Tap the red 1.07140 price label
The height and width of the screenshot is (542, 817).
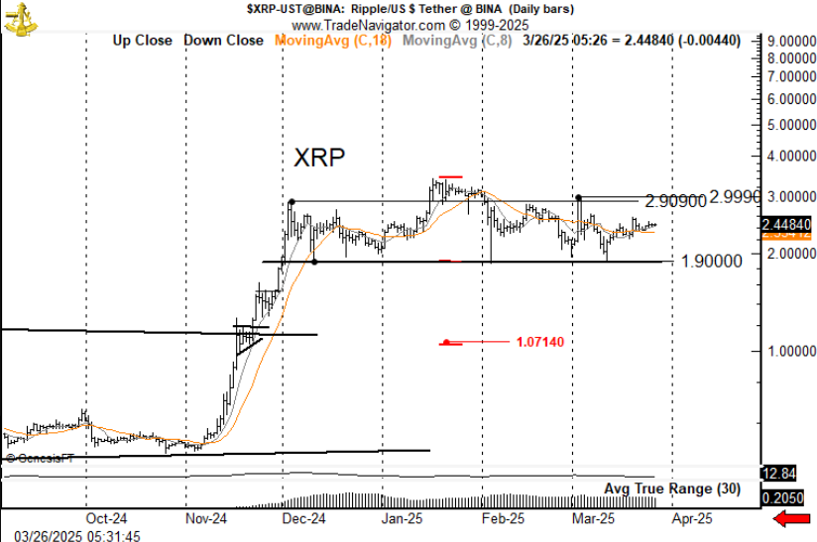(x=539, y=343)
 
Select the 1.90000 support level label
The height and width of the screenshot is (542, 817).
(x=712, y=262)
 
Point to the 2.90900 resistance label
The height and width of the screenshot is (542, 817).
(x=675, y=201)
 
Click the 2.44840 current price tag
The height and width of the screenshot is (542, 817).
(x=787, y=225)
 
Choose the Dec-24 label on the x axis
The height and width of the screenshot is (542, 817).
(x=304, y=517)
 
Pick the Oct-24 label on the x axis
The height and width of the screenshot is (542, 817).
(x=106, y=517)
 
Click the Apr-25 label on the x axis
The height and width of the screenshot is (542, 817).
(x=692, y=517)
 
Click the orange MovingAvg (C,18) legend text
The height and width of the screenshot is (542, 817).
(x=333, y=41)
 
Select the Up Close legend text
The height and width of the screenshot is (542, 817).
(x=142, y=41)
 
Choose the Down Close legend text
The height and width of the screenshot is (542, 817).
(x=224, y=41)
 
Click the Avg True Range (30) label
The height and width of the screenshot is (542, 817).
(x=672, y=488)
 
